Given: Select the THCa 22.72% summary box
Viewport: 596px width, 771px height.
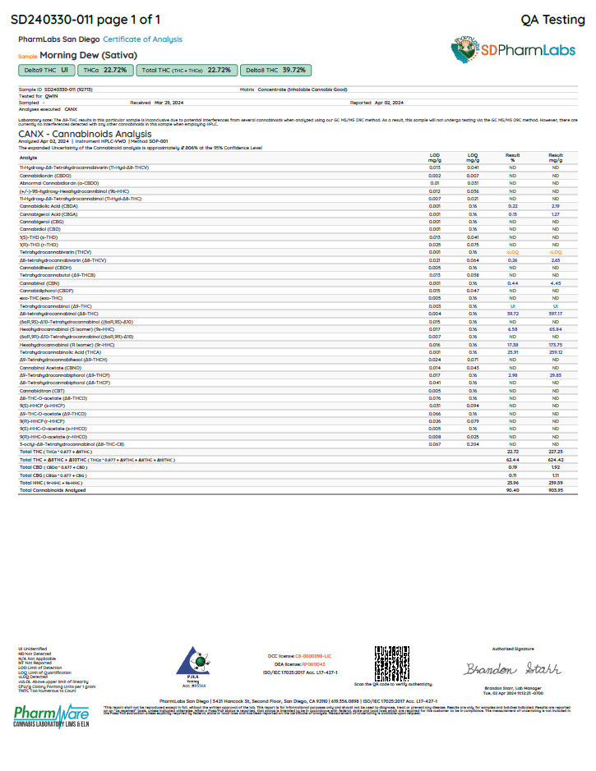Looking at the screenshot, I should click(x=106, y=71).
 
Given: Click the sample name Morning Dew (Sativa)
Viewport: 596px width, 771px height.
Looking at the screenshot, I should click(x=80, y=55).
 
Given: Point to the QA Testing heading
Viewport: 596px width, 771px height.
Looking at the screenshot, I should click(x=553, y=19).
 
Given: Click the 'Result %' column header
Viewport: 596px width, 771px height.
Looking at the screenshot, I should click(x=513, y=157).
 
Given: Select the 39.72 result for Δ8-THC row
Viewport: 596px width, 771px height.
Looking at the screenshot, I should click(x=513, y=314).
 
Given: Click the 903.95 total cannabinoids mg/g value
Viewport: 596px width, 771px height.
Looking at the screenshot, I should click(x=556, y=490).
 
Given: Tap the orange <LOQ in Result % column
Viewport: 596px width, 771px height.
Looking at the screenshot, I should click(x=513, y=252).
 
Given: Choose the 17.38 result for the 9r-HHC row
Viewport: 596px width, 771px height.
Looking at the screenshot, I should click(x=513, y=345).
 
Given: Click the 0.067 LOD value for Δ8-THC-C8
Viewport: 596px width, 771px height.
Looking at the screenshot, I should click(x=435, y=443).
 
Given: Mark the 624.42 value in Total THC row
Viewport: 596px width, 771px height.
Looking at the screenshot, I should click(x=556, y=459).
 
